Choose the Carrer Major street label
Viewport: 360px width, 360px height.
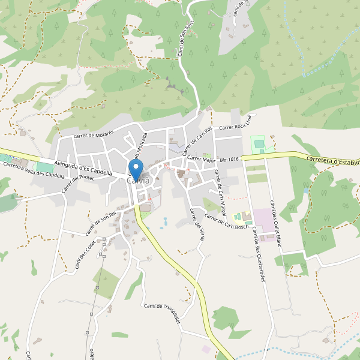click(x=201, y=160)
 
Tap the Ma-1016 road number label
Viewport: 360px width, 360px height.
click(x=230, y=160)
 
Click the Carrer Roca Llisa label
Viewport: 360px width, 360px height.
click(x=238, y=127)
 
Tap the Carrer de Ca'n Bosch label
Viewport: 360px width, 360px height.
click(x=226, y=221)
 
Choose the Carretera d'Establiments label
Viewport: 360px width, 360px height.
click(x=333, y=161)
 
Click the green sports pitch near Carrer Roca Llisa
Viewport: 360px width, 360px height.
click(x=258, y=143)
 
